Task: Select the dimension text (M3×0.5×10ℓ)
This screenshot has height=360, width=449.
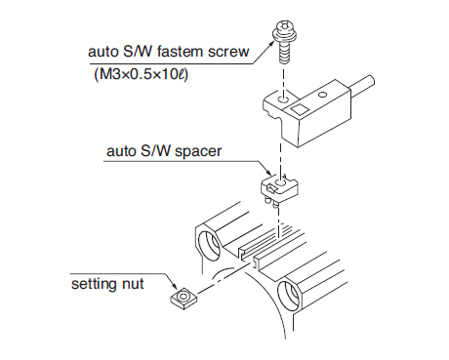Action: pos(142,75)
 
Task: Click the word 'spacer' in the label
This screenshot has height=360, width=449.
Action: pos(198,152)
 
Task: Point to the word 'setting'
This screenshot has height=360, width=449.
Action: pos(95,284)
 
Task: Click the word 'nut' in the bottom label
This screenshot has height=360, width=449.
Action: pos(133,285)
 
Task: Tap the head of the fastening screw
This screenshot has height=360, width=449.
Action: pos(282,32)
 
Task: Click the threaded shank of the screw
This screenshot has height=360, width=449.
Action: pos(284,53)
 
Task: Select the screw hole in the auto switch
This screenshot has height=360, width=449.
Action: pos(283,98)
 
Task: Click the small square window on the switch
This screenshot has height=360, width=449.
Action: pos(300,109)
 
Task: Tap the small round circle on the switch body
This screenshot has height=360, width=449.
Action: pos(322,95)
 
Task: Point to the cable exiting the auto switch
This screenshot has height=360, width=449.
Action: pos(361,86)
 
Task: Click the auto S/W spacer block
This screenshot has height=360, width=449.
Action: pos(279,188)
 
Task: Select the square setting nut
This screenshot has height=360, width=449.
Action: pos(184,299)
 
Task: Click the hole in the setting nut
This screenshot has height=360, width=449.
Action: pos(184,296)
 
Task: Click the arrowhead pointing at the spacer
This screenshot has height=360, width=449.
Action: pos(268,173)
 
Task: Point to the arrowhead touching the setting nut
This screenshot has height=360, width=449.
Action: pos(176,287)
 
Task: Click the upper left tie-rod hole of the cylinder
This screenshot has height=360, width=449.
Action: pos(209,246)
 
